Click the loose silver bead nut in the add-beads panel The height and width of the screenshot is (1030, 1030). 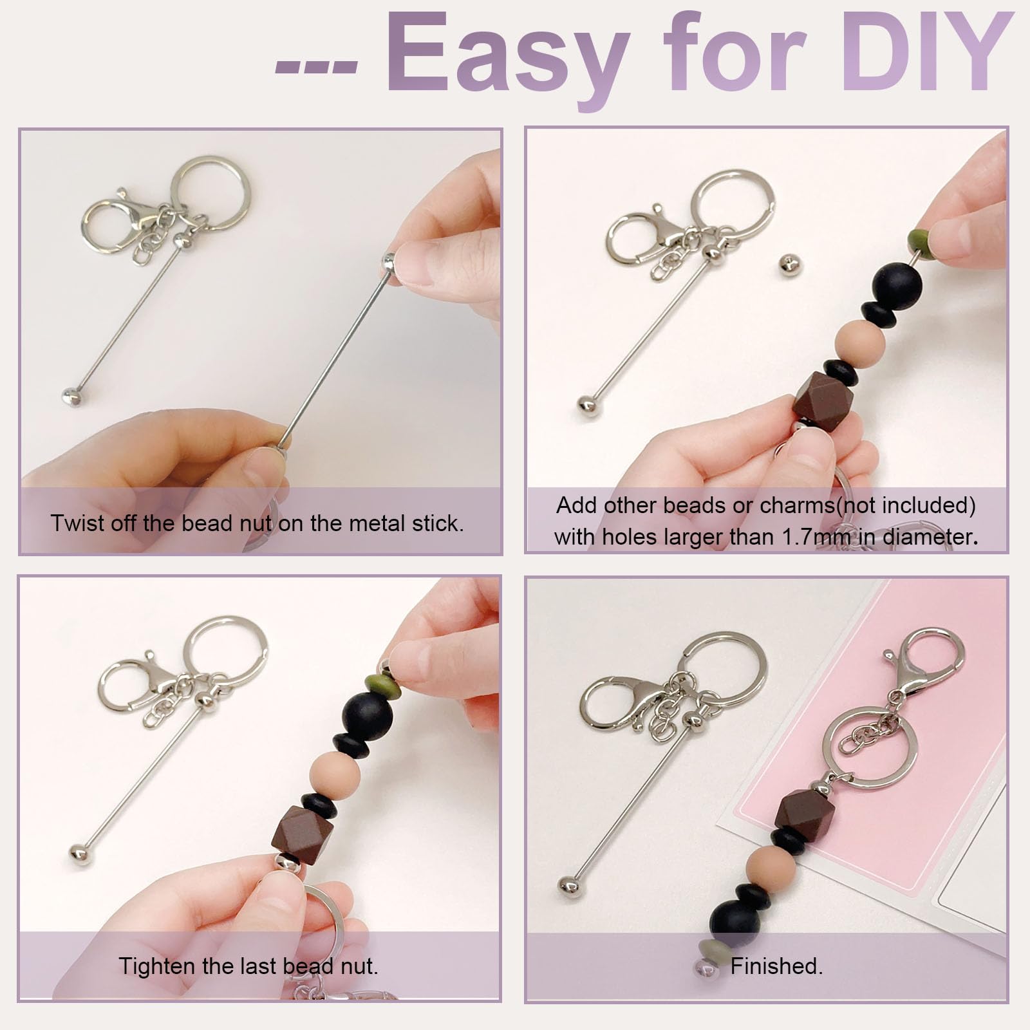tap(790, 264)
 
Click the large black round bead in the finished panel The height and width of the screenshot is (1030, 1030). tap(735, 919)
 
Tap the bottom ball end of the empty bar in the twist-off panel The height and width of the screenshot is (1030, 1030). tap(72, 397)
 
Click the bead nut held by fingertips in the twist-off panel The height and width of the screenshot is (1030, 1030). tap(388, 261)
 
